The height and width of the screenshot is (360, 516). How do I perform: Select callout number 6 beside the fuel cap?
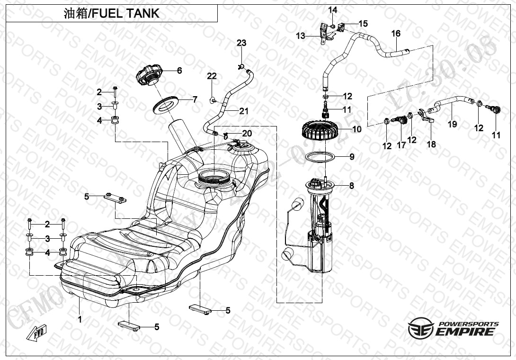click(179, 71)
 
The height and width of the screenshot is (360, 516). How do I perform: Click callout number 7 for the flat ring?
click(194, 99)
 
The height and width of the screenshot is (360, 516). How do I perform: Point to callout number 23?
click(241, 43)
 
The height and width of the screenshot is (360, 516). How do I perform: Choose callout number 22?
click(212, 76)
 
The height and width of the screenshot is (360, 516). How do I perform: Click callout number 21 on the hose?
click(244, 111)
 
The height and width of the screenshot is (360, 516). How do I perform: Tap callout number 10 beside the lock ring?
click(356, 128)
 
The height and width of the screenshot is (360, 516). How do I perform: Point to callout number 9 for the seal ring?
click(351, 156)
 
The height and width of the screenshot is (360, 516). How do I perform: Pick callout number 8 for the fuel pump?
click(351, 186)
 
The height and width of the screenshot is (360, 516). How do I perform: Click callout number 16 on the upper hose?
click(396, 33)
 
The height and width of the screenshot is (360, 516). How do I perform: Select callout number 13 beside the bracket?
click(301, 36)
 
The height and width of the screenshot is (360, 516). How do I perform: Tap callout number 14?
click(333, 10)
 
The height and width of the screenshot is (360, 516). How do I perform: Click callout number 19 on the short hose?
click(453, 124)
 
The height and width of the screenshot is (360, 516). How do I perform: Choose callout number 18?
click(431, 144)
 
